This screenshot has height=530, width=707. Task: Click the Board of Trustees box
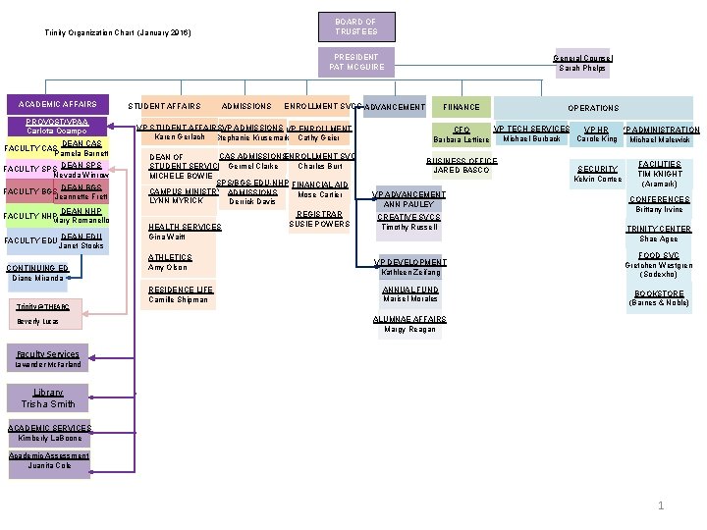click(x=355, y=26)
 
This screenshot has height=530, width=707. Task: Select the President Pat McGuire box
click(x=355, y=62)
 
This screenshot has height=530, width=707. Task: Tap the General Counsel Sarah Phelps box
click(x=582, y=63)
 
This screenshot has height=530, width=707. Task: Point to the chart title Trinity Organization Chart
click(x=118, y=33)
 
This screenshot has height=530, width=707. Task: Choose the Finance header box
click(x=462, y=107)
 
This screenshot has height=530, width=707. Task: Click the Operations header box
click(x=593, y=108)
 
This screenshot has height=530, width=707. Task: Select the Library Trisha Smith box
click(x=48, y=398)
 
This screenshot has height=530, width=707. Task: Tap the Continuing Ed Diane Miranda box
click(x=36, y=273)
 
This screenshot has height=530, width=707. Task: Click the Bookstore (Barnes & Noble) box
click(x=659, y=298)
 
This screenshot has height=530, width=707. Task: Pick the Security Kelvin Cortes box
click(x=597, y=174)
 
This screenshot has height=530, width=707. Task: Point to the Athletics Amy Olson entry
click(x=168, y=262)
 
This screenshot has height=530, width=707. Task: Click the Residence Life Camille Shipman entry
click(x=180, y=294)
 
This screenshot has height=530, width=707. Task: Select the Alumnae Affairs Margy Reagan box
click(x=409, y=325)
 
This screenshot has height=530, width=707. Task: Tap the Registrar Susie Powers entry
click(x=319, y=219)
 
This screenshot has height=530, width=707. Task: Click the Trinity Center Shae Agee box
click(x=659, y=234)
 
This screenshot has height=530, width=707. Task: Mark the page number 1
click(x=662, y=506)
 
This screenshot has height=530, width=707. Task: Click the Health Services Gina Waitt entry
click(x=184, y=232)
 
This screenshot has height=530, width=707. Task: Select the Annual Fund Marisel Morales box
click(x=409, y=294)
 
